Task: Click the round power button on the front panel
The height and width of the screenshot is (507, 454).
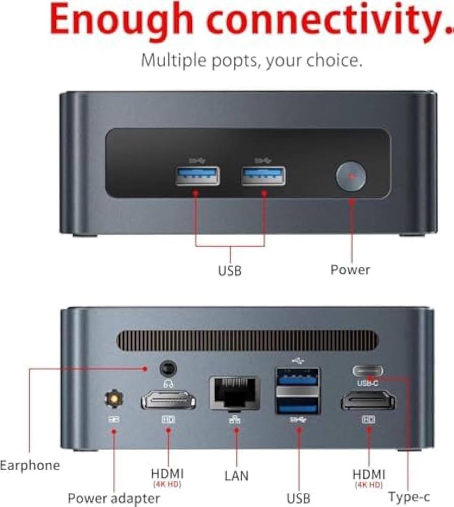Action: click(351, 177)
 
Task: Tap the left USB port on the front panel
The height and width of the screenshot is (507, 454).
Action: click(198, 176)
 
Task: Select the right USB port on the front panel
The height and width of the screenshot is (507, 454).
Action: click(263, 176)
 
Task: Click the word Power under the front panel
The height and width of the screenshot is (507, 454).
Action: click(350, 270)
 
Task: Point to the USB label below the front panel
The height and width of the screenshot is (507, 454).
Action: click(230, 271)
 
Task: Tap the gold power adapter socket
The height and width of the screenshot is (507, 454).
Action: click(113, 399)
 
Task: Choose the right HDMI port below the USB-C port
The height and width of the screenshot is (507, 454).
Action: click(368, 401)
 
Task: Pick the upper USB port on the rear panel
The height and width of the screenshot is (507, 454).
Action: click(297, 377)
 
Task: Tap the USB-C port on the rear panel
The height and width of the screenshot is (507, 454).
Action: click(368, 371)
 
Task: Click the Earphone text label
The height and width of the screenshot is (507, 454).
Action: click(30, 466)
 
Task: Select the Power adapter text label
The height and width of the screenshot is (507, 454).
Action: click(114, 498)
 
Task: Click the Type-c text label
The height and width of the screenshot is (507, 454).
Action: click(409, 497)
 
